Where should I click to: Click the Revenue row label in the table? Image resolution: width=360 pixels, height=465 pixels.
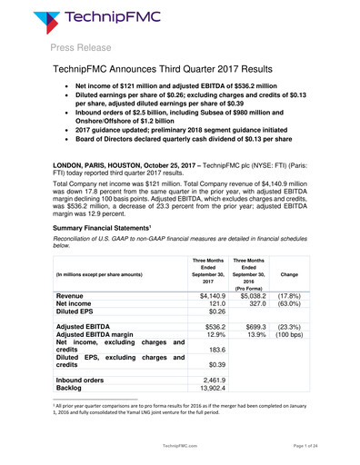tap(72, 296)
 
